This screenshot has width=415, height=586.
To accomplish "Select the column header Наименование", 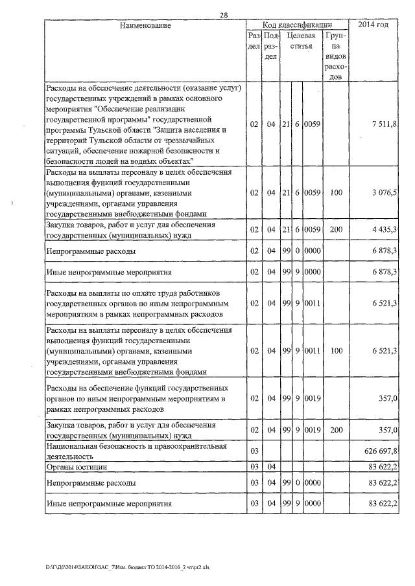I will click(145, 25).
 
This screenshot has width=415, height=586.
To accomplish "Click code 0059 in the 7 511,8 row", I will click(313, 124).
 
